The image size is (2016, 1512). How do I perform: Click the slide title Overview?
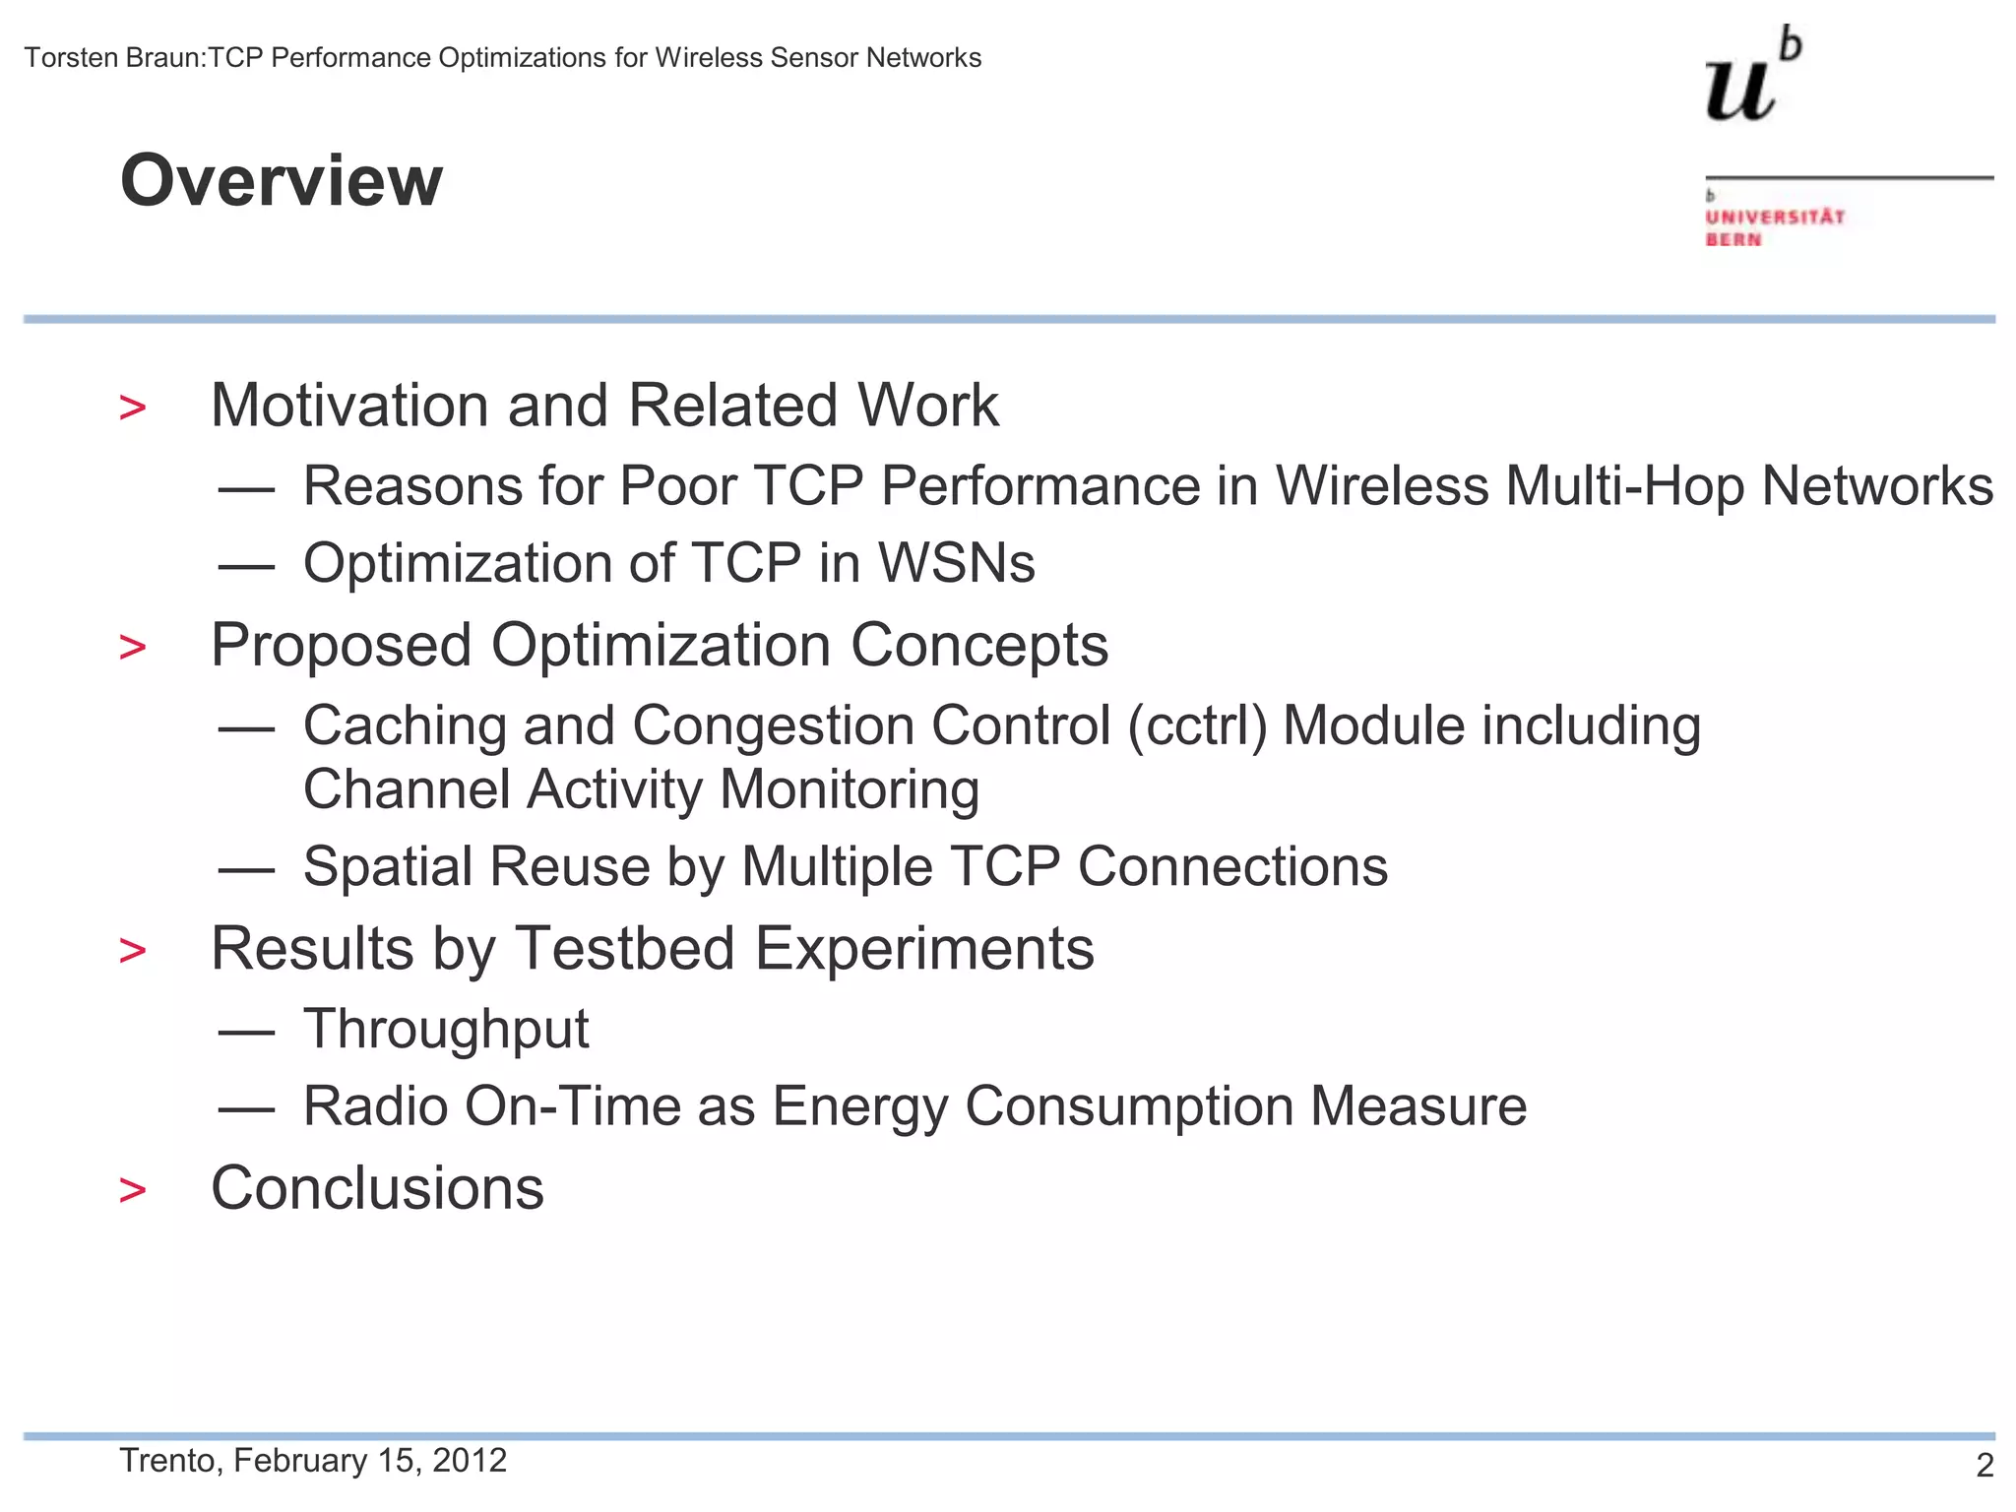[282, 181]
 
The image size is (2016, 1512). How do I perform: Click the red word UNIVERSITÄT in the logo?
[1775, 217]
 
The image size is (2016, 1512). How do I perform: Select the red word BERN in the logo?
[1732, 240]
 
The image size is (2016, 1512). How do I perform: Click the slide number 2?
[1984, 1466]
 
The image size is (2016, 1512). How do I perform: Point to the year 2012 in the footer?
[470, 1460]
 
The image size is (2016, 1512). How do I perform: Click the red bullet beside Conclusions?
[132, 1190]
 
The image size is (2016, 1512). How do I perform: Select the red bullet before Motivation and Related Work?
[132, 408]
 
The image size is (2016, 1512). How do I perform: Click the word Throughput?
[446, 1030]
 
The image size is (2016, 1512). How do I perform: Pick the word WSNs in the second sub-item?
[956, 563]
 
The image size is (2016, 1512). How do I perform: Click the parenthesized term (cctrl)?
[1197, 725]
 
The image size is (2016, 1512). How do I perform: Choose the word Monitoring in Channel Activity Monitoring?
[850, 789]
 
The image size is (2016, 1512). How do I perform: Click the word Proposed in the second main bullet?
[342, 646]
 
